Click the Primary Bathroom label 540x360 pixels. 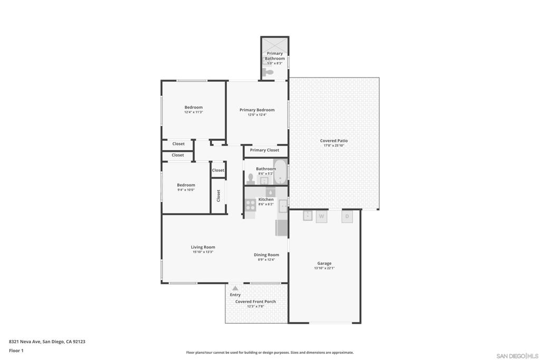[275, 56]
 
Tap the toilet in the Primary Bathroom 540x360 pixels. [269, 73]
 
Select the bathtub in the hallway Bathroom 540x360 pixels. [279, 172]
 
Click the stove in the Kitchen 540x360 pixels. [250, 205]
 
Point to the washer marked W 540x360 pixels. [321, 216]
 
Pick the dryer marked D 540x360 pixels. [347, 216]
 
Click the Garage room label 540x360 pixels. [324, 264]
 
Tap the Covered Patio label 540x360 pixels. [334, 141]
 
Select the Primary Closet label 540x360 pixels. [265, 150]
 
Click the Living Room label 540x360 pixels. [203, 247]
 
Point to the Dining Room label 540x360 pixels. [266, 255]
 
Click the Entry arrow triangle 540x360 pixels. [235, 288]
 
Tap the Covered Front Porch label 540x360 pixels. [255, 301]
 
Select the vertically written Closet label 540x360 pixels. [218, 196]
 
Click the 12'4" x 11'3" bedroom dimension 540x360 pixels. [194, 112]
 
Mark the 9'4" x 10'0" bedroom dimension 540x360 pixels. [186, 190]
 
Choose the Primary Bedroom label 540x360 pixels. [257, 110]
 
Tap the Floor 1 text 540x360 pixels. [16, 351]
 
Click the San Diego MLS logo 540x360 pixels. [517, 356]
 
